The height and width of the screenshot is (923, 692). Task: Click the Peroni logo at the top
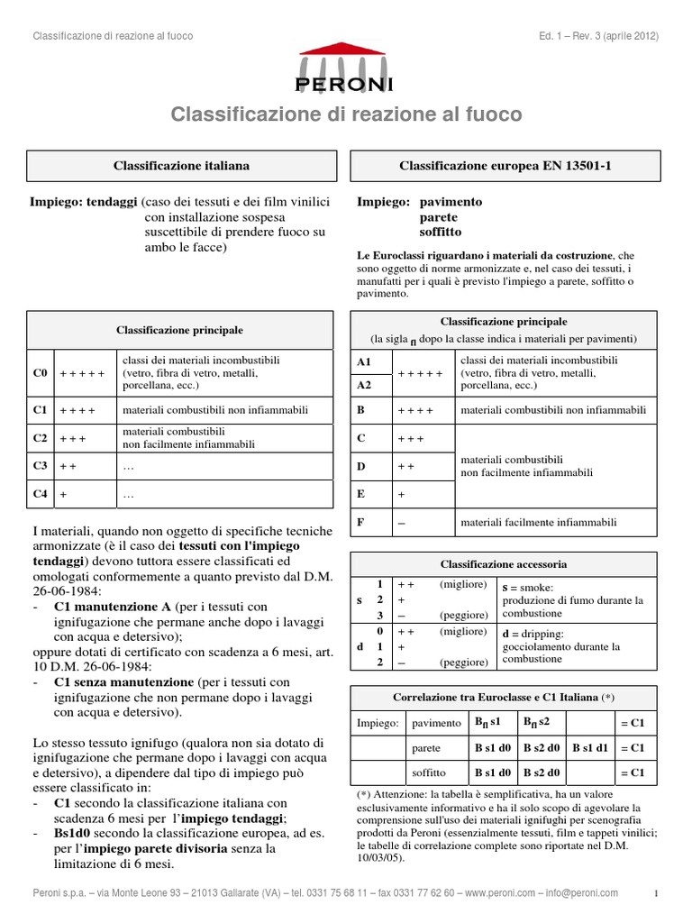click(345, 69)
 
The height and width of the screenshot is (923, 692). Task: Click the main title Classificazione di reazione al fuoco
click(346, 114)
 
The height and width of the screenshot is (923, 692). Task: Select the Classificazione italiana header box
click(181, 167)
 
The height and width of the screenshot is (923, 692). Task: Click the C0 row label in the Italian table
click(40, 372)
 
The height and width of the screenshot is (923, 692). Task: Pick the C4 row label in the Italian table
click(40, 495)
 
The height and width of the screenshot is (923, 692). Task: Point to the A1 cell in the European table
click(365, 361)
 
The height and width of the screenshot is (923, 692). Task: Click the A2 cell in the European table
click(365, 384)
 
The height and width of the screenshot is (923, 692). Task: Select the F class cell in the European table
click(363, 522)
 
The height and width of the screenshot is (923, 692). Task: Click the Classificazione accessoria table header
click(504, 564)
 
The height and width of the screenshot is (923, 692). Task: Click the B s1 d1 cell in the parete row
click(590, 748)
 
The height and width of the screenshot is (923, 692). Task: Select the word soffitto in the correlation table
click(429, 773)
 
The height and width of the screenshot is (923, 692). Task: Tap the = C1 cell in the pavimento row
click(633, 723)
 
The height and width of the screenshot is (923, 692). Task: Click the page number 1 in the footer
click(657, 893)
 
